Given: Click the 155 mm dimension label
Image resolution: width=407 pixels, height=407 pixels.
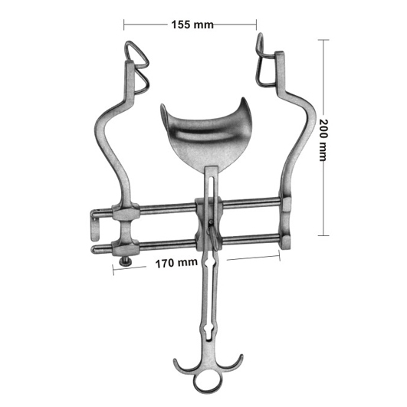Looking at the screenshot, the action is [x=192, y=25].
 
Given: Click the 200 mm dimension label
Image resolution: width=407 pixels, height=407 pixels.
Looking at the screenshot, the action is [x=323, y=140].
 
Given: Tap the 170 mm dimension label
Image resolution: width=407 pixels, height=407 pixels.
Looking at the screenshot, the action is [x=176, y=263].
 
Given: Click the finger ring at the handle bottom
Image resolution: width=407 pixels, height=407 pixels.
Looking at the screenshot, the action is [x=208, y=384].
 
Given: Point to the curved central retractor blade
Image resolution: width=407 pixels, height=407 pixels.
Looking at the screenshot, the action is [x=206, y=135].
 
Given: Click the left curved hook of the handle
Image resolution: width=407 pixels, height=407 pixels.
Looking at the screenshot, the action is [x=182, y=364].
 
